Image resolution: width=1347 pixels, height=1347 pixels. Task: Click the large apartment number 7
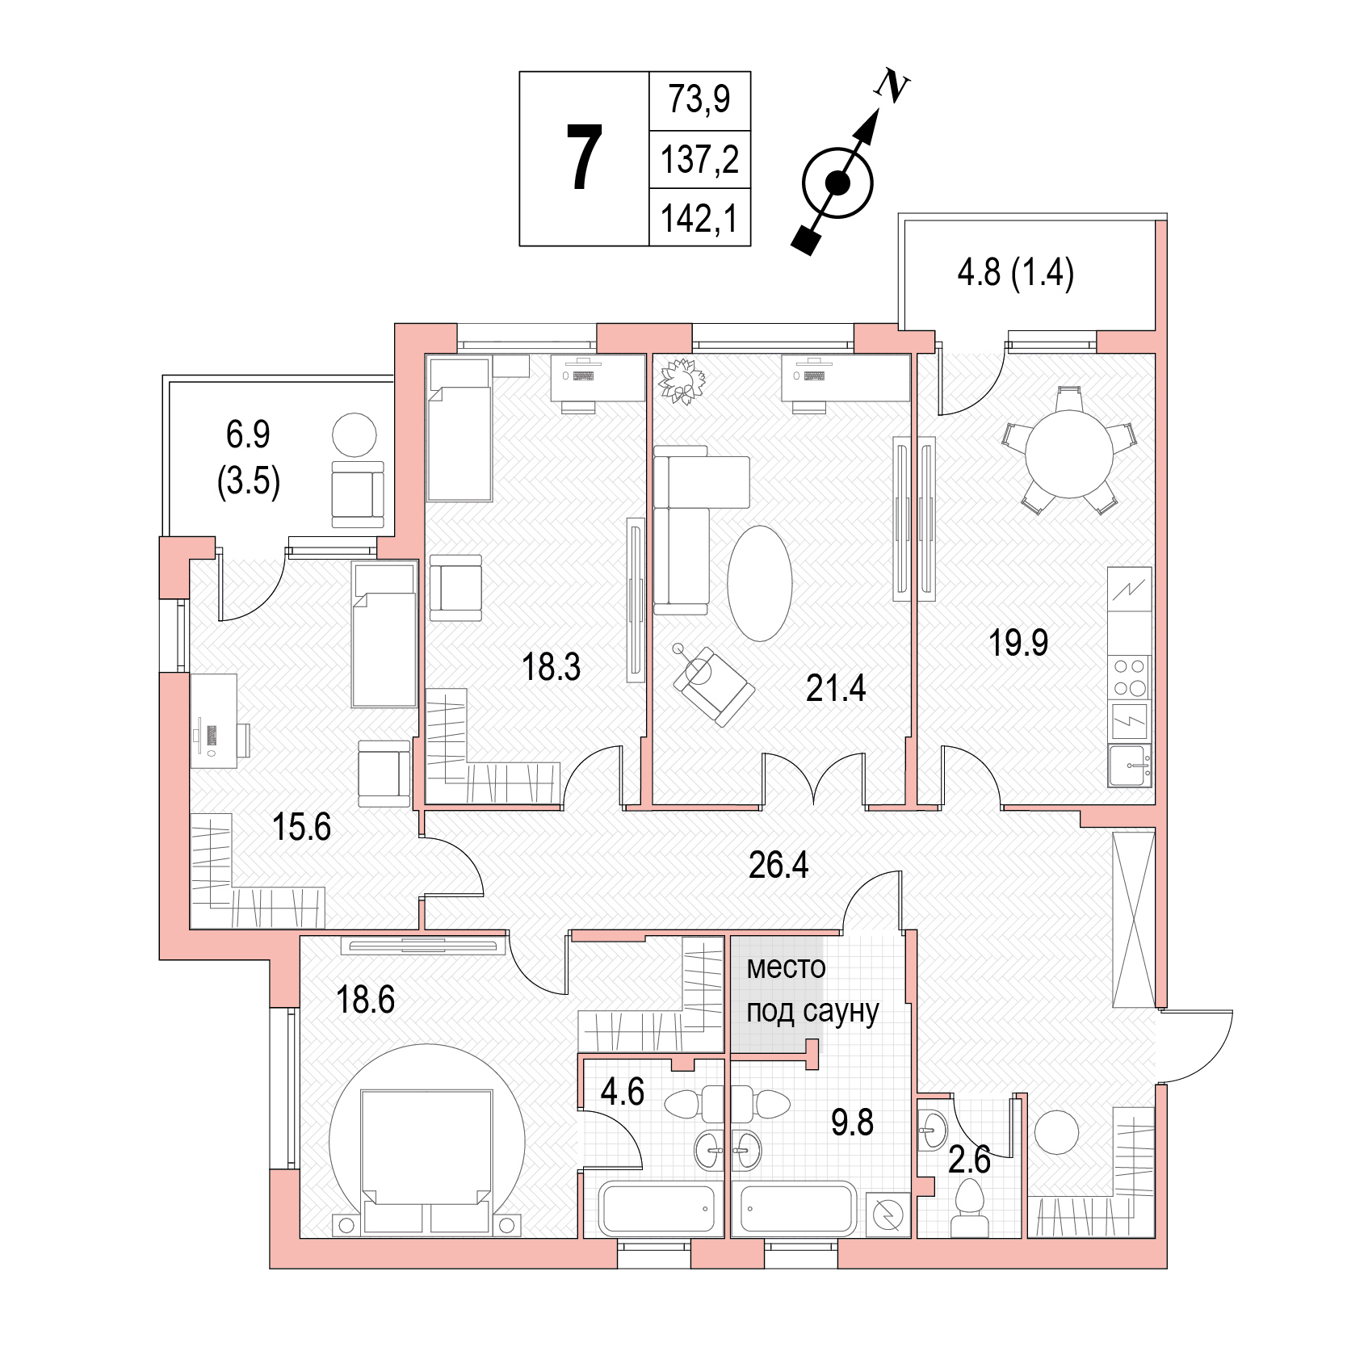click(x=584, y=158)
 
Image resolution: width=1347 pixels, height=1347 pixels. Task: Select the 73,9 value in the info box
click(x=699, y=99)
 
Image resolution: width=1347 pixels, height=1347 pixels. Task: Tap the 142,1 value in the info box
click(x=699, y=218)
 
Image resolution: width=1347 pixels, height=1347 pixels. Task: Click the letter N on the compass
click(x=893, y=86)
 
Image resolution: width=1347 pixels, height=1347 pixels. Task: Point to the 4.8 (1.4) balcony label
click(x=1016, y=273)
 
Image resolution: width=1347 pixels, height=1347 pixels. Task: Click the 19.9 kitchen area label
click(x=1018, y=643)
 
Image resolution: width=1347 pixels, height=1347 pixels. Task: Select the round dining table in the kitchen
click(x=1069, y=454)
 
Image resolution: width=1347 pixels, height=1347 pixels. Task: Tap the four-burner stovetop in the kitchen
click(x=1130, y=677)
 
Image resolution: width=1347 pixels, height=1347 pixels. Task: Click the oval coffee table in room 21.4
click(x=760, y=583)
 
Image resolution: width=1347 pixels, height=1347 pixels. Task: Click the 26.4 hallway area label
click(x=778, y=865)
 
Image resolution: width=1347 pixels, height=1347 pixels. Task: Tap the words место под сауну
click(x=812, y=990)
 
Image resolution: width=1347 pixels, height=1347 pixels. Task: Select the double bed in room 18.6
click(x=427, y=1161)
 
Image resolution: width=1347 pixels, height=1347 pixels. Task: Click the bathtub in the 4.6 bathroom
click(x=660, y=1208)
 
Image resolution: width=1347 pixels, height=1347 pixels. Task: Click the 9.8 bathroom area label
click(x=852, y=1122)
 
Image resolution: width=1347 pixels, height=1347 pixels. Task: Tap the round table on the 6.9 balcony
click(x=354, y=434)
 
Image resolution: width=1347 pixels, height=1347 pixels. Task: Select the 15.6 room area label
click(x=301, y=828)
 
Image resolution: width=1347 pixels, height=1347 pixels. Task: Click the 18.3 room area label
click(x=551, y=668)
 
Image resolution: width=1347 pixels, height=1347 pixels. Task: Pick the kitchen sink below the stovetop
click(x=1130, y=766)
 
